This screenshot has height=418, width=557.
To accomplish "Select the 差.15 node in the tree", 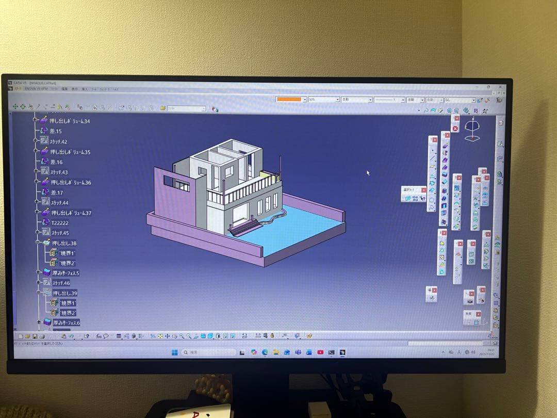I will (56, 132).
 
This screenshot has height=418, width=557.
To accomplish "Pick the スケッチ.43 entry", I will (59, 172).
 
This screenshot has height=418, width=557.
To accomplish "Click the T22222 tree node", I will (60, 222).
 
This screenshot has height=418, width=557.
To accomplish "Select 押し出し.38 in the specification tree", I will (64, 243).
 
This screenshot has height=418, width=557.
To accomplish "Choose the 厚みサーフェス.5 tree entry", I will (65, 272).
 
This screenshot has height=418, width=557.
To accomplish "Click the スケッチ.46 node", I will (60, 283).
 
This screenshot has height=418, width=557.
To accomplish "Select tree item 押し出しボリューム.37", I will (71, 213).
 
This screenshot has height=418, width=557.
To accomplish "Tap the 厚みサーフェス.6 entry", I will (66, 323).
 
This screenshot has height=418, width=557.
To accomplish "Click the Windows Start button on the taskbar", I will (174, 352).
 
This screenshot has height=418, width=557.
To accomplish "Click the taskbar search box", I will (206, 352).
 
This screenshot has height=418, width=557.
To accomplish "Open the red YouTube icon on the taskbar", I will (320, 352).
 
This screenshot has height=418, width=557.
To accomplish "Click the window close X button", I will (500, 87).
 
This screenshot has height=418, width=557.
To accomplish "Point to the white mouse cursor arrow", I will (368, 172).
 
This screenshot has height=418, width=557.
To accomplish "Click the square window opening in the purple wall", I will (168, 181).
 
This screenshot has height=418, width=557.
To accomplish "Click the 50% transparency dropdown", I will (323, 99).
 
